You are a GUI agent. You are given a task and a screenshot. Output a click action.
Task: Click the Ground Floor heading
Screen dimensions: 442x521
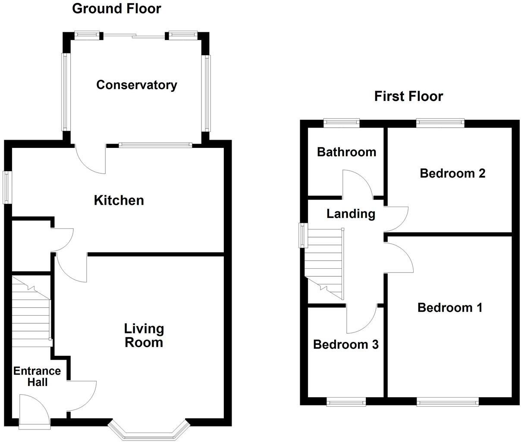116,8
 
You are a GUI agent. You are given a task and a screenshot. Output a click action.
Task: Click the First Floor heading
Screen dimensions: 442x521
408,96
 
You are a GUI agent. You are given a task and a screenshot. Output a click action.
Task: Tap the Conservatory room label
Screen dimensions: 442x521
136,85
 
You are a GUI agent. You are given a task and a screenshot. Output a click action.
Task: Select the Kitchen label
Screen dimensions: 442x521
119,201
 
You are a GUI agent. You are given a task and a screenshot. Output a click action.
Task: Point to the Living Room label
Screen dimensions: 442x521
144,335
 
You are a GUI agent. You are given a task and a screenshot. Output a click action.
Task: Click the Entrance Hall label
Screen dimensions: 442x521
37,376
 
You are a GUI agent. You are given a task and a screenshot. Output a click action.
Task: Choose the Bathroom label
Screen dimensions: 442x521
346,152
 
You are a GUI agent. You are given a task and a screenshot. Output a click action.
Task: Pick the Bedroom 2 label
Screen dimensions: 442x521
452,173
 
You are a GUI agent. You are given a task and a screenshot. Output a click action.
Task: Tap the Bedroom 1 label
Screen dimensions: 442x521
450,308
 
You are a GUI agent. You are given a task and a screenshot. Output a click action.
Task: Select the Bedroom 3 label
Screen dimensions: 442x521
345,345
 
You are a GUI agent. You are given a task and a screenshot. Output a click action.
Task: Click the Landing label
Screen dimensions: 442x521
351,213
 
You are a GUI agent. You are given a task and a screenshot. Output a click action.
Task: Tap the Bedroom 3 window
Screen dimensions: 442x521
346,403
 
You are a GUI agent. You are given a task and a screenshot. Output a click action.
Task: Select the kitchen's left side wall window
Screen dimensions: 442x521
7,188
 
